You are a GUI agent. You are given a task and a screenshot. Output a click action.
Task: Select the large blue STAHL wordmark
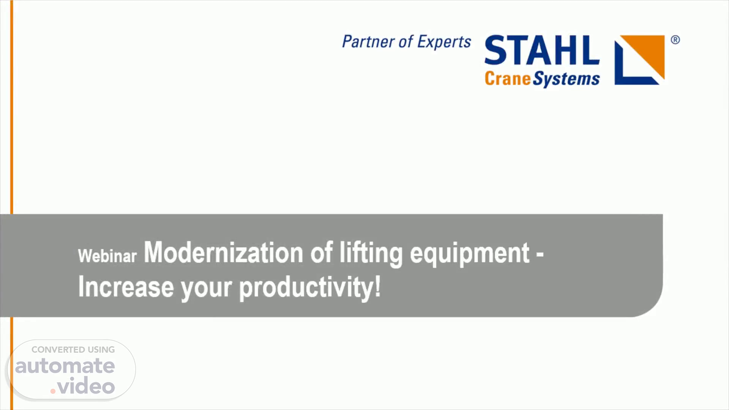coord(542,50)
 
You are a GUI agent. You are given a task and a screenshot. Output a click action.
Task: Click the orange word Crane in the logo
coord(508,79)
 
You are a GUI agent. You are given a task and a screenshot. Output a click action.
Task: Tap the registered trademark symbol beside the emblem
coord(675,40)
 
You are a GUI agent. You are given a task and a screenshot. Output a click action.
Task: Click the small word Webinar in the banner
coord(107,256)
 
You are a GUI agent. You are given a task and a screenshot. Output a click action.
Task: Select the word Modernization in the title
coord(223,252)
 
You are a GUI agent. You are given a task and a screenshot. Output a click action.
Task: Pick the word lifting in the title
coord(371,254)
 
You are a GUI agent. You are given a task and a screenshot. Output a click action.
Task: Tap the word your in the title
coord(206,289)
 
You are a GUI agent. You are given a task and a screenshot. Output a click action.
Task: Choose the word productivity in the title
coord(306,289)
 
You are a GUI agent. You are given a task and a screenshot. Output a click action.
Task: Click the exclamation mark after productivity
coord(377,287)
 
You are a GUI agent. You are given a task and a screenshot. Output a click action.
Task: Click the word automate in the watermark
coord(65,366)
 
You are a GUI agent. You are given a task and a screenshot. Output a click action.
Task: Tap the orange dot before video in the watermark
coord(53,391)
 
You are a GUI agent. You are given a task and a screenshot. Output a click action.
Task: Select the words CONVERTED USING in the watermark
coord(73,350)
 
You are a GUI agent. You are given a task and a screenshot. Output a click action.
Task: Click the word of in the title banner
coord(321,252)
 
